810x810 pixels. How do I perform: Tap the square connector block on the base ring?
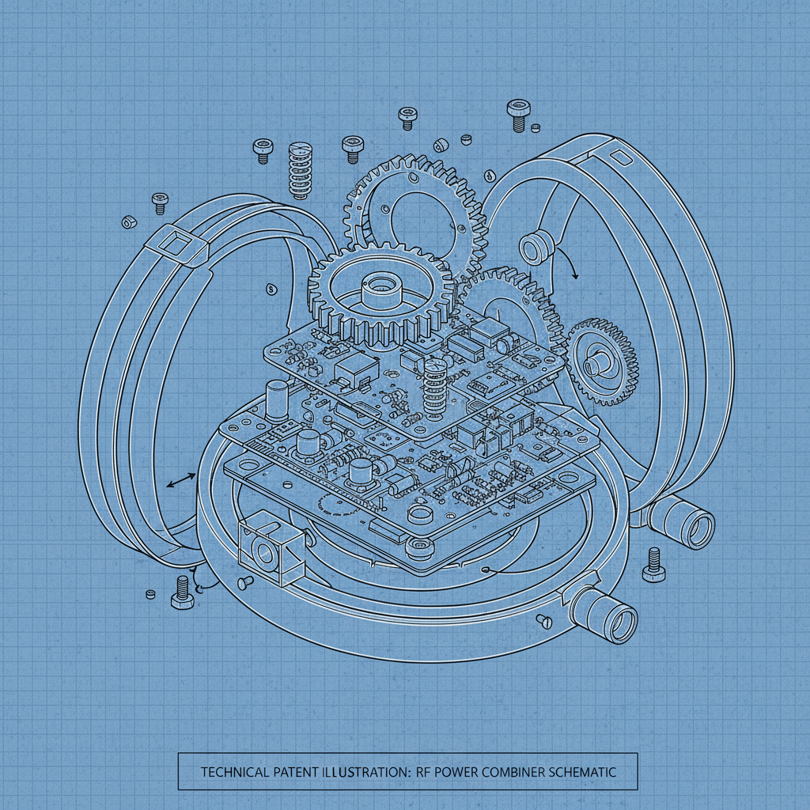click(270, 548)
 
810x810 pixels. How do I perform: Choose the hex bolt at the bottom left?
click(181, 592)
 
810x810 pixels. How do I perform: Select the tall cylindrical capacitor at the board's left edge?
click(277, 399)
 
